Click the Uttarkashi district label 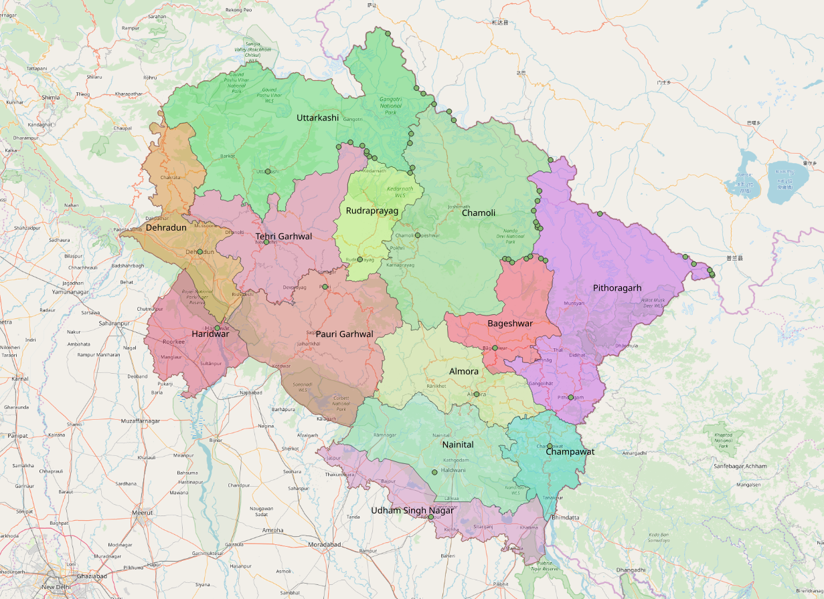click(317, 118)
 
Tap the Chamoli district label click(478, 213)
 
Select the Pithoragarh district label click(616, 288)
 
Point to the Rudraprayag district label click(372, 211)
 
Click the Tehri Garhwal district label click(284, 237)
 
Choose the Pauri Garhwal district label click(344, 334)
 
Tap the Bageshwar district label click(509, 324)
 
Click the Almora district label click(463, 371)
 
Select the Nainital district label click(457, 445)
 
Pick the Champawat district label click(570, 452)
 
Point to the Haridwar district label click(210, 334)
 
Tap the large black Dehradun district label click(165, 228)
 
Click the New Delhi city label click(57, 587)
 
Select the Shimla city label click(51, 98)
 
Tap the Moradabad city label click(325, 545)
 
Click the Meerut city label click(142, 513)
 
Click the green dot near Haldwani click(434, 472)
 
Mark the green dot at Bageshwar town click(495, 348)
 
